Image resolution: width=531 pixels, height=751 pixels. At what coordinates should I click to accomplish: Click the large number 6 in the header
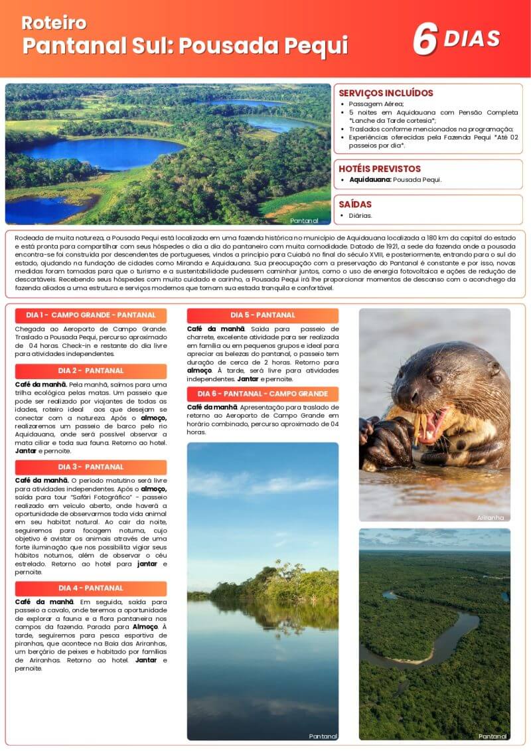pos(424,39)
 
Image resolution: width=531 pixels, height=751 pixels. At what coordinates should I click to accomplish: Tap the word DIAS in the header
pos(471,39)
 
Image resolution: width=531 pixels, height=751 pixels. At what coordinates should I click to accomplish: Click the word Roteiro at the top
pos(54,23)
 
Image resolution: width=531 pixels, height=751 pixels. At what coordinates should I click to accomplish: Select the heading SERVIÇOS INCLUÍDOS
pos(386,93)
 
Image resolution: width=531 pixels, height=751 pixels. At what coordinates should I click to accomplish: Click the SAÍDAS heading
pos(355,205)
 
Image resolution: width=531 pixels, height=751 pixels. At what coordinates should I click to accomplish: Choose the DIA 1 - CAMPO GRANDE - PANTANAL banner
pos(91,315)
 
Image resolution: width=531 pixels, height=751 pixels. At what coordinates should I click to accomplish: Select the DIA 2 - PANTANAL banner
pos(91,371)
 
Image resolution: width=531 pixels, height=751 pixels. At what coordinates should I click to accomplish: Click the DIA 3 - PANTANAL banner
pos(91,467)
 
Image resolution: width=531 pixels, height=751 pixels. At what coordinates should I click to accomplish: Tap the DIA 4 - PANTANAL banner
pos(91,588)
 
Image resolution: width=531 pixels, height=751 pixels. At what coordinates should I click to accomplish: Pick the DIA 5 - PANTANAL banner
pos(263,315)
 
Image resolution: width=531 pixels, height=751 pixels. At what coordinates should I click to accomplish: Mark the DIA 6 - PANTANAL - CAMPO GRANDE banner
pos(263,394)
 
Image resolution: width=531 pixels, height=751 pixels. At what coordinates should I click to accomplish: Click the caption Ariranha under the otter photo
pos(491,517)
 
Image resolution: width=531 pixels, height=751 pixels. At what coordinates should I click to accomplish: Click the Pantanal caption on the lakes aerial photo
pos(305,220)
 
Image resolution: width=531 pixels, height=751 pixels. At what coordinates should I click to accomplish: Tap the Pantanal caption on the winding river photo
pos(493,736)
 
